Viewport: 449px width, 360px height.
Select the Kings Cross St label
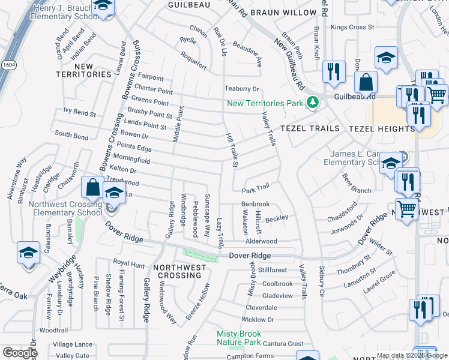coord(352,27)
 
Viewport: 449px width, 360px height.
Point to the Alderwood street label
coord(261,241)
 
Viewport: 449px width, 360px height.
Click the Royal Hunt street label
coord(129,263)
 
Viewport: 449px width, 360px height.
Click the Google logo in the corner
coord(20,352)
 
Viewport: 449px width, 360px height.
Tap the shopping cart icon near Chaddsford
coord(406,209)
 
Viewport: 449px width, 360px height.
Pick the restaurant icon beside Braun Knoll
coord(332,71)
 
